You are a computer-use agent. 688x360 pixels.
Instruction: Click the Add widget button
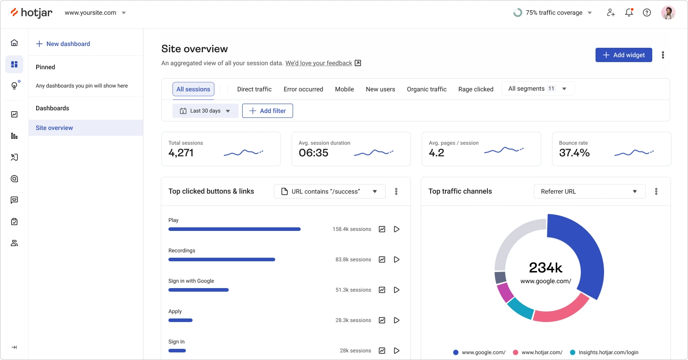[x=624, y=55]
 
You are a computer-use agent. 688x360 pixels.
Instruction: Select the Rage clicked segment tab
[x=476, y=89]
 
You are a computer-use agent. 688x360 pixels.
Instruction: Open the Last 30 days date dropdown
[x=205, y=111]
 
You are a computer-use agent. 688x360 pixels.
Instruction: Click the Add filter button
[x=267, y=111]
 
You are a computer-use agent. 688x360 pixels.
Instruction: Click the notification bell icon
[x=629, y=13]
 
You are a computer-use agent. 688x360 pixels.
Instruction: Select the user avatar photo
[x=668, y=13]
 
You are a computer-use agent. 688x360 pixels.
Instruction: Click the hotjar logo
[x=31, y=13]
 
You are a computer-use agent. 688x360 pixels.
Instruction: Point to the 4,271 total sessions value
[x=181, y=153]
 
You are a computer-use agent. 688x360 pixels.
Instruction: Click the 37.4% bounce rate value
[x=574, y=153]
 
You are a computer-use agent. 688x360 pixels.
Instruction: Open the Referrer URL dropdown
[x=589, y=192]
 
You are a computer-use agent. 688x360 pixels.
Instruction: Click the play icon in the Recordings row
[x=396, y=260]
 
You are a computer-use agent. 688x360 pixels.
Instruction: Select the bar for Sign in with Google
[x=198, y=290]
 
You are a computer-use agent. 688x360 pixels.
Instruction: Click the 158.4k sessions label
[x=352, y=229]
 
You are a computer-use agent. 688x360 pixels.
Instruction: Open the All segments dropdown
[x=538, y=89]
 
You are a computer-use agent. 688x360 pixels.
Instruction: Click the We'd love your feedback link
[x=319, y=63]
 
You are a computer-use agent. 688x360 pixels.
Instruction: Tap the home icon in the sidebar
[x=14, y=43]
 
